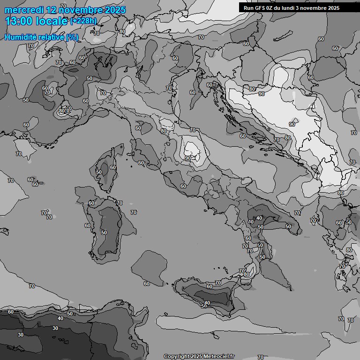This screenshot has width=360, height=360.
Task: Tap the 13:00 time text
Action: click(19, 21)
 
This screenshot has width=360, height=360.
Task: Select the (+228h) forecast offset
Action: click(84, 21)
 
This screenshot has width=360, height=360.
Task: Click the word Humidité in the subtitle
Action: click(20, 37)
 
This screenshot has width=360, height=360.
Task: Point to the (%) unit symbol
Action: click(72, 37)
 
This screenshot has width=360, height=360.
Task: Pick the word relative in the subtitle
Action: click(51, 37)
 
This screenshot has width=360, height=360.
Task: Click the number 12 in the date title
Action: click(52, 10)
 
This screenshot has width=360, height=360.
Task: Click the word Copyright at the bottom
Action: click(176, 356)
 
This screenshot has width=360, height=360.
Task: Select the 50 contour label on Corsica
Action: click(98, 172)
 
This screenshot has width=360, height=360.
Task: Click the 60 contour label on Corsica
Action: click(112, 167)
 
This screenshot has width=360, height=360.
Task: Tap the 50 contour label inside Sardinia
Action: click(104, 232)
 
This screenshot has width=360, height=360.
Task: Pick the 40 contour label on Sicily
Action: click(207, 302)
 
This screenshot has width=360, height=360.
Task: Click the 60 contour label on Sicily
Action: click(210, 286)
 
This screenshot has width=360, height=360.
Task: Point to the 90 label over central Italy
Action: click(187, 158)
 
